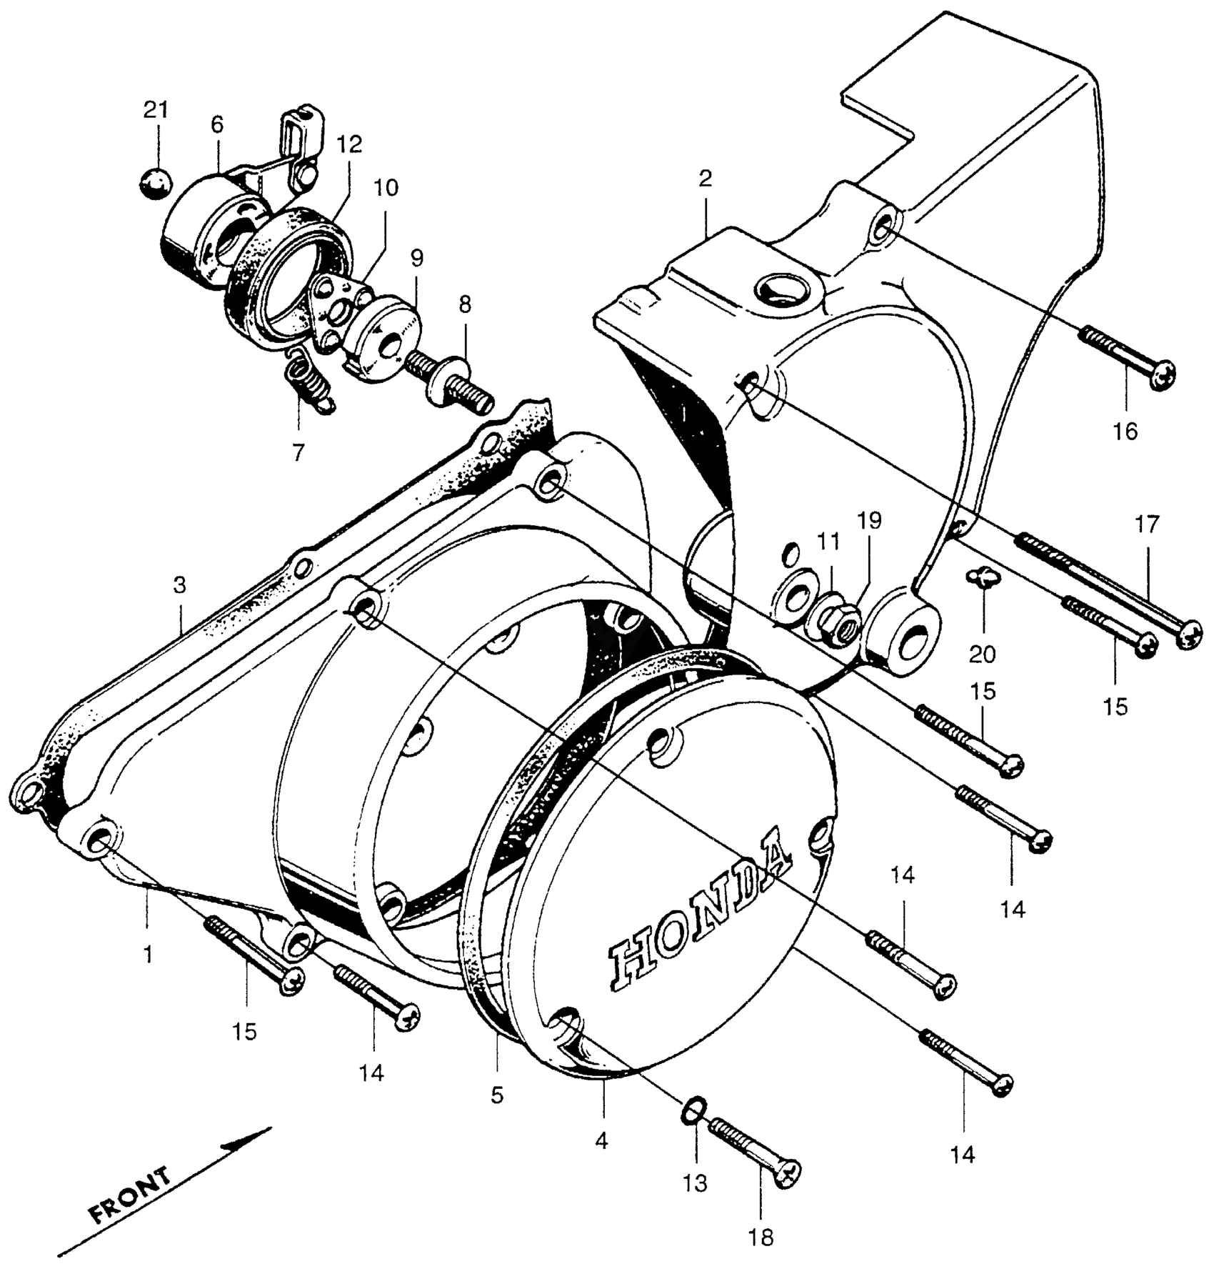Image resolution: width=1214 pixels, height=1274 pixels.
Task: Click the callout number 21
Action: pos(156,110)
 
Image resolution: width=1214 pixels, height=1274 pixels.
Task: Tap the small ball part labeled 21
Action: pos(156,184)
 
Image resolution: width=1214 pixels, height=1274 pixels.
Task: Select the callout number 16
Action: pos(1125,432)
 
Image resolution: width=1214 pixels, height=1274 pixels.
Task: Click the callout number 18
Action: pos(763,1237)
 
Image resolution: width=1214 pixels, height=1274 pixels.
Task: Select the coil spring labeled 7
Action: pos(310,382)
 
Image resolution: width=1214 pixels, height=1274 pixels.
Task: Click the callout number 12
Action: pos(350,145)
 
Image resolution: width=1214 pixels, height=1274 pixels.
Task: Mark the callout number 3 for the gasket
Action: pos(179,585)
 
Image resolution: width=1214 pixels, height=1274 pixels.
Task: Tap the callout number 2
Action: pos(706,179)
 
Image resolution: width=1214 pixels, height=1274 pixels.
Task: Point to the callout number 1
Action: pos(148,954)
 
